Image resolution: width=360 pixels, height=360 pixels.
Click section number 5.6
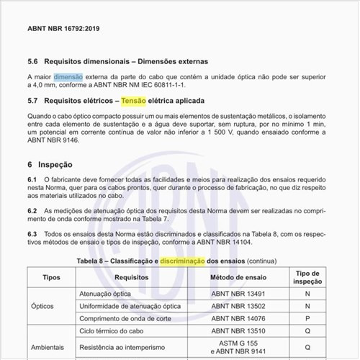[33, 61]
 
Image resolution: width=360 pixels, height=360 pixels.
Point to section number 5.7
[33, 100]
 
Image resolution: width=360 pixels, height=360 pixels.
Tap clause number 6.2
[32, 210]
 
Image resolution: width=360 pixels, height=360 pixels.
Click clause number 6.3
[32, 235]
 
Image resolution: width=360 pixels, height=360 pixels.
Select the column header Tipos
[51, 276]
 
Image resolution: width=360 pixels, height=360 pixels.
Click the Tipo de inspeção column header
[307, 276]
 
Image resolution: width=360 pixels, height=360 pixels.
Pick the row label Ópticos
[42, 305]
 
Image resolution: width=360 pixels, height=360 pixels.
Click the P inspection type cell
[307, 318]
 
